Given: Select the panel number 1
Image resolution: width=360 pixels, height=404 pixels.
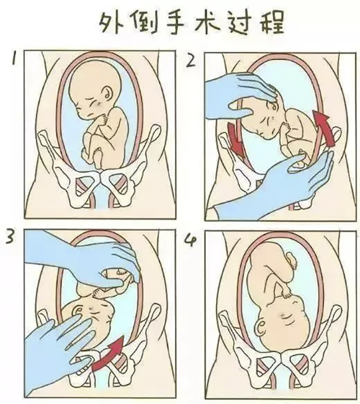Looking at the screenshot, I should [x=19, y=59].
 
